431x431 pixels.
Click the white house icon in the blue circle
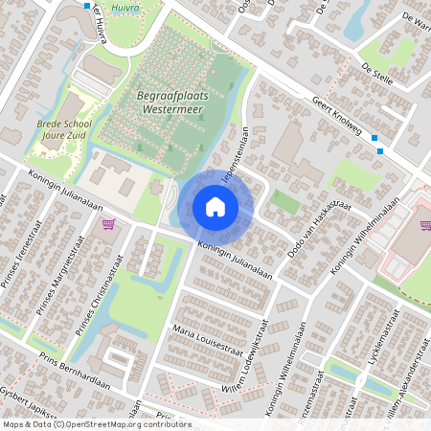pyautogui.click(x=215, y=206)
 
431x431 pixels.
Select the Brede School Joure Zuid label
pyautogui.click(x=63, y=129)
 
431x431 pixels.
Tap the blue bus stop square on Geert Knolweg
pyautogui.click(x=380, y=150)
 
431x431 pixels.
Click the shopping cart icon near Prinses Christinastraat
pyautogui.click(x=108, y=224)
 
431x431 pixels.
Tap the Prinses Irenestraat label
pyautogui.click(x=13, y=278)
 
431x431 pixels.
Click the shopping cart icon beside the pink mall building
pyautogui.click(x=424, y=226)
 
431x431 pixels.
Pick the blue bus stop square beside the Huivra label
pyautogui.click(x=87, y=6)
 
